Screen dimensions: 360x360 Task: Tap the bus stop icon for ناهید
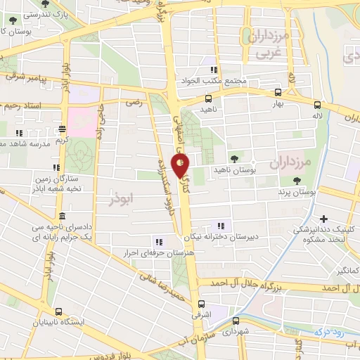coord(208,99)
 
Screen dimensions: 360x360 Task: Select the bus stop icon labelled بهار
coord(278,92)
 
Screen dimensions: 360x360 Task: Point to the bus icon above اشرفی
coord(202,304)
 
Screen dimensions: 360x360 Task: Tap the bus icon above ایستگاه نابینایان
coord(58,311)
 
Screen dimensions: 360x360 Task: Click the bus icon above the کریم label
coord(63,128)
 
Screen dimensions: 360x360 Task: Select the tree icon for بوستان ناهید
coord(233,159)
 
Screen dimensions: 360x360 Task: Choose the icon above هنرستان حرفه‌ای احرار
coord(157,240)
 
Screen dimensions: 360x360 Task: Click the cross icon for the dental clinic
coord(323,218)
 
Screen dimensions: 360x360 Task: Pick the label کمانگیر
coord(348,270)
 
